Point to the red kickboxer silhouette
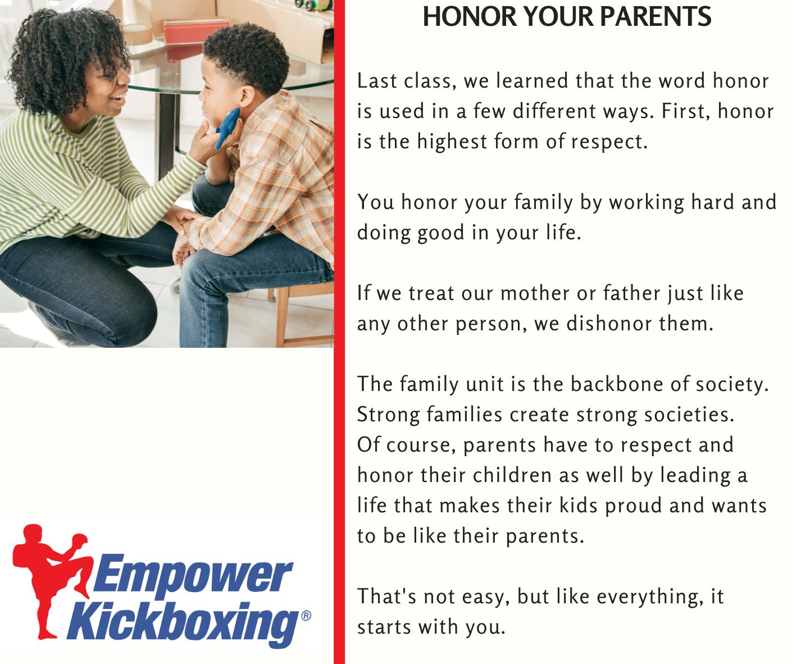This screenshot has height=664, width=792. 51,580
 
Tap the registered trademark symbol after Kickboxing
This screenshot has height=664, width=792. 306,616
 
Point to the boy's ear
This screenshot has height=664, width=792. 247,96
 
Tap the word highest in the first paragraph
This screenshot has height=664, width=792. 452,142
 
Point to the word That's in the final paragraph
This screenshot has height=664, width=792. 386,596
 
